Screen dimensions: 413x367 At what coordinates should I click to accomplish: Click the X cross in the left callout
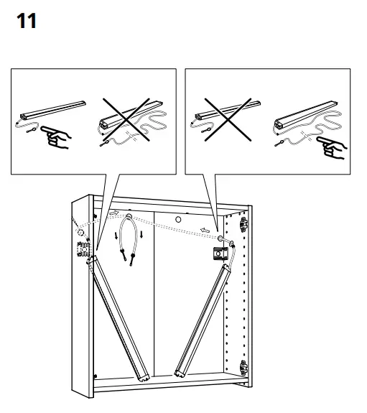click(129, 122)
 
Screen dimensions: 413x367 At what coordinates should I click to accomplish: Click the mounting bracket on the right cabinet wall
click(218, 254)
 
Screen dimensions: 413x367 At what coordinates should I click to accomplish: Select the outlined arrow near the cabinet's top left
click(113, 214)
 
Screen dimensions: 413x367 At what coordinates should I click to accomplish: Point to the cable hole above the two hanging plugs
click(129, 215)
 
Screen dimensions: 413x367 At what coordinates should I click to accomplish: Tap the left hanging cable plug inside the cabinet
click(123, 256)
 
